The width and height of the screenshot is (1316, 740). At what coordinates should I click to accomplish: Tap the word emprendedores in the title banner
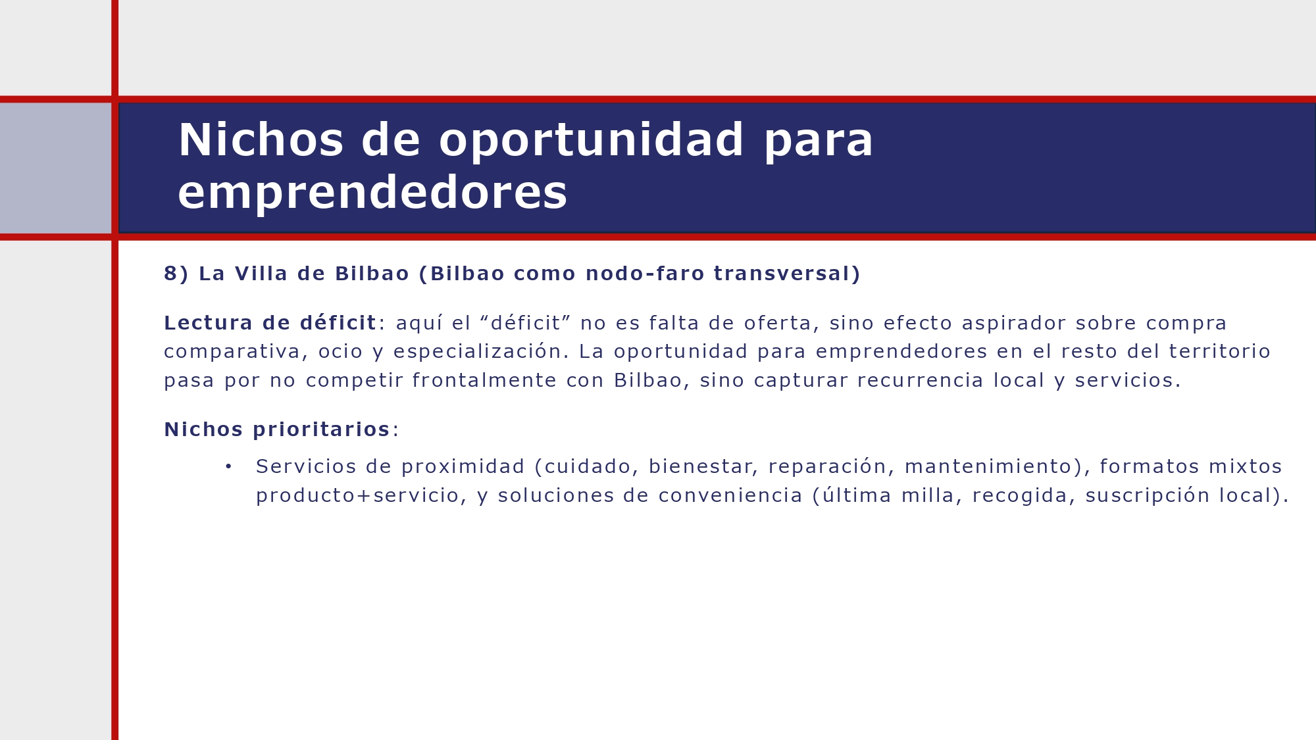pos(372,193)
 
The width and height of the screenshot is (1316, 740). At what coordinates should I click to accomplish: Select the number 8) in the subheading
pos(176,274)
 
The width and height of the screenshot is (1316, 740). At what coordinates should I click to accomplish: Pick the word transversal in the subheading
pos(782,274)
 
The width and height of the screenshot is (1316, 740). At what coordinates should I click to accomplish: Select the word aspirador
pos(1013,323)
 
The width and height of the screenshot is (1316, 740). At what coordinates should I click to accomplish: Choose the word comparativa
pos(232,352)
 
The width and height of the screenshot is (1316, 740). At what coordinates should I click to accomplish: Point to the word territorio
pos(1219,352)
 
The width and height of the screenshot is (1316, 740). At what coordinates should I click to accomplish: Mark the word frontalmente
pos(484,381)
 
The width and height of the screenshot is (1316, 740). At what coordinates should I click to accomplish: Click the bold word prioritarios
pos(321,430)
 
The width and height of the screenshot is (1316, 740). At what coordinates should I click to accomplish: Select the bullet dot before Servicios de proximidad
pos(228,466)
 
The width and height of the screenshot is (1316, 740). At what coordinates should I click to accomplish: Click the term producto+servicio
pos(357,495)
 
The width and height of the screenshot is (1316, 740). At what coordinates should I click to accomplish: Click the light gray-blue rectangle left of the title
pos(55,168)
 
